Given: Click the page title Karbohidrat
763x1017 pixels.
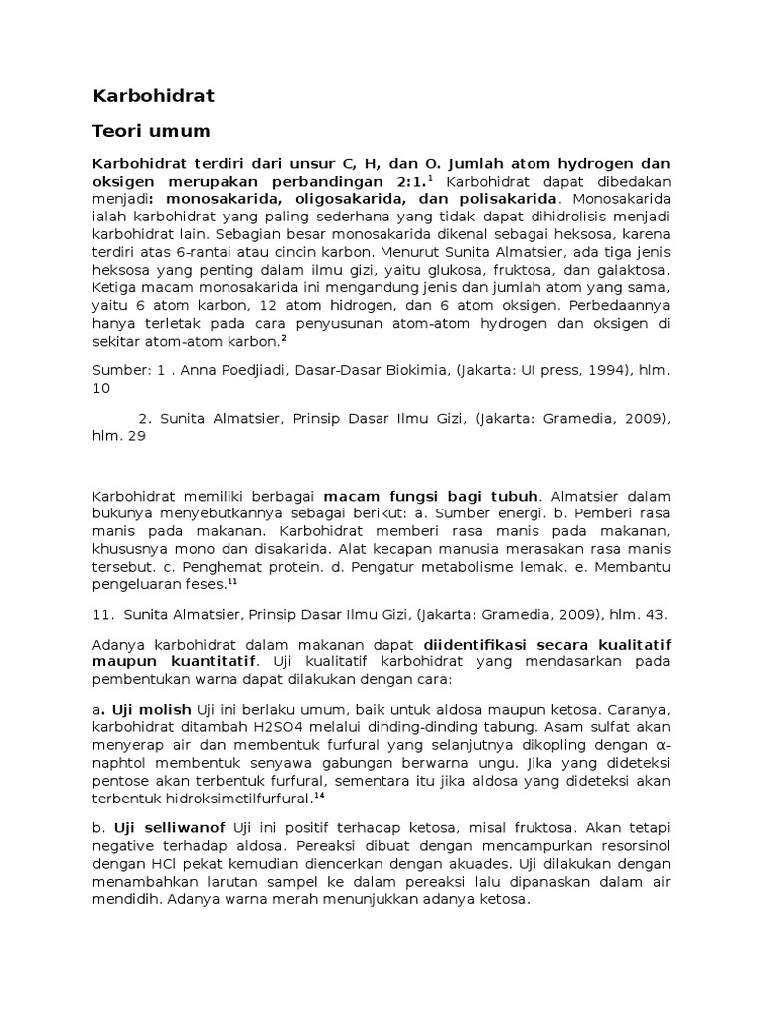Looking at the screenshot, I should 153,96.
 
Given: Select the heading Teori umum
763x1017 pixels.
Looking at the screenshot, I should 151,131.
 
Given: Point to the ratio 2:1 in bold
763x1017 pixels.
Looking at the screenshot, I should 407,181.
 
